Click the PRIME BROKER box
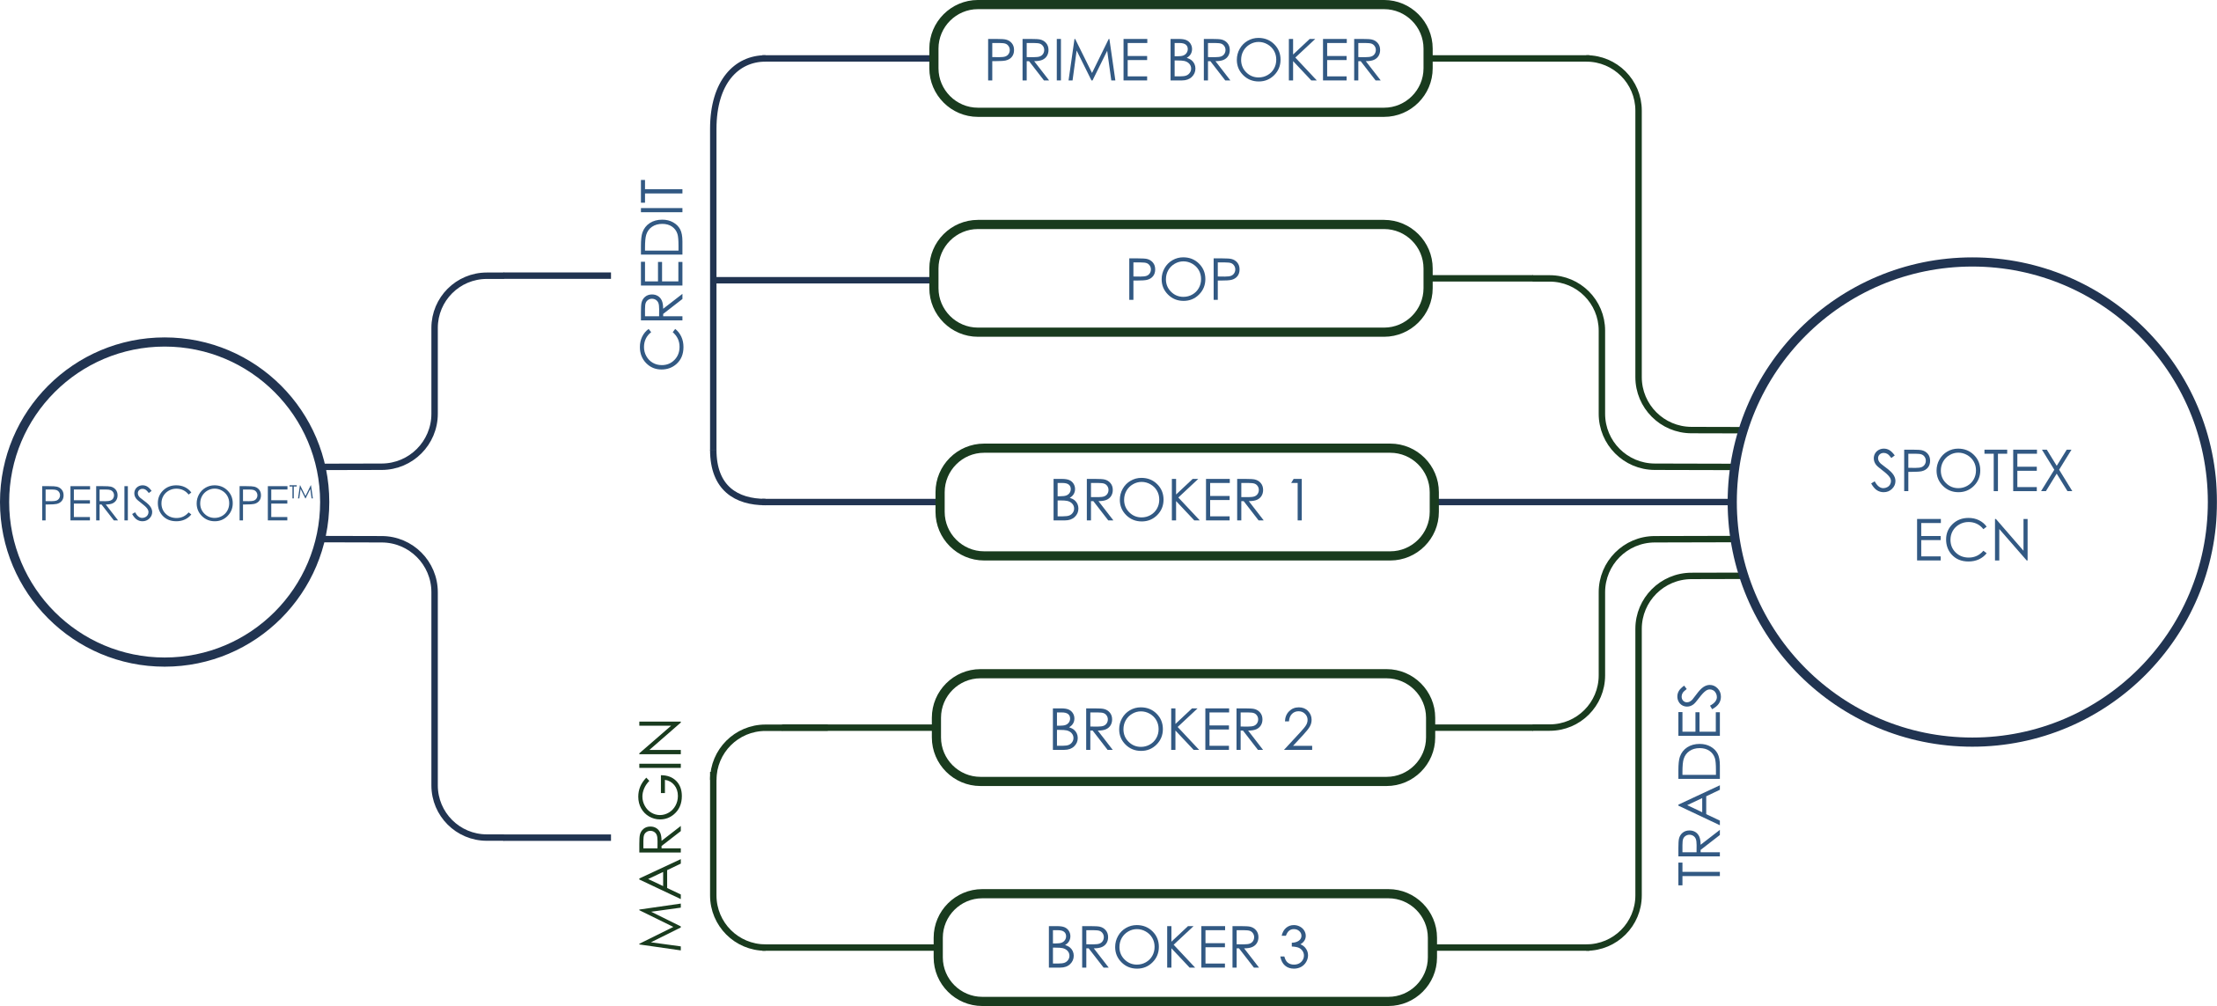[1180, 60]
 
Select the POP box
[1180, 279]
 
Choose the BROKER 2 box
[1183, 729]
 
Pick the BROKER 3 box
[1184, 948]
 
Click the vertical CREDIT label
[662, 275]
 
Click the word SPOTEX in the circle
[1971, 472]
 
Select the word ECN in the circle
[1971, 540]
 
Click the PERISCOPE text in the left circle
[165, 504]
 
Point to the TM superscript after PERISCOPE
[301, 493]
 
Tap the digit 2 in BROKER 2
[1298, 730]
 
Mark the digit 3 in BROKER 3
[1294, 948]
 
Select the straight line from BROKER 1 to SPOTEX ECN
[1584, 503]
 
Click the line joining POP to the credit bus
[823, 280]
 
